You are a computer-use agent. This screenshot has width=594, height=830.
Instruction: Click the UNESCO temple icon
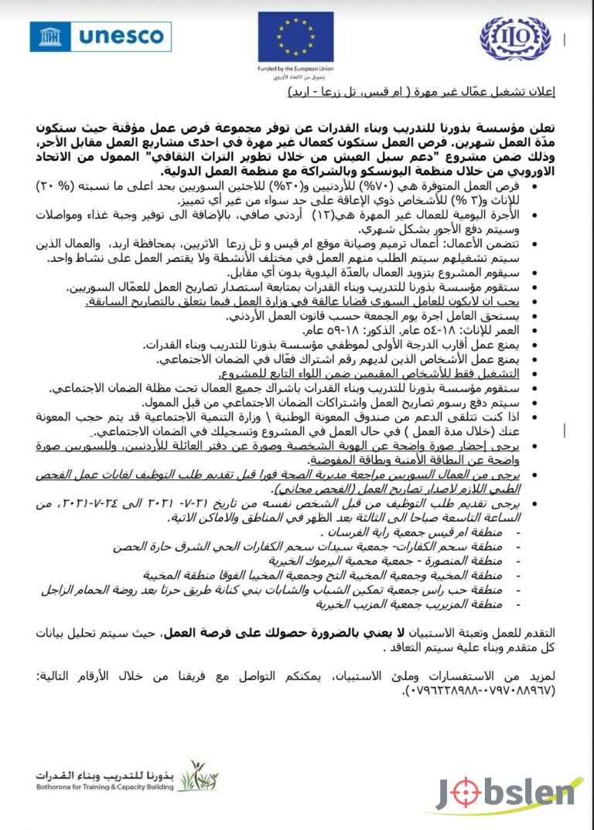(x=52, y=36)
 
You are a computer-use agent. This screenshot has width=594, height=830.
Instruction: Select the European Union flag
(x=296, y=36)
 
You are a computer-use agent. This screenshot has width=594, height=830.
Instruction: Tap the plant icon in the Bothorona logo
(x=188, y=774)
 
